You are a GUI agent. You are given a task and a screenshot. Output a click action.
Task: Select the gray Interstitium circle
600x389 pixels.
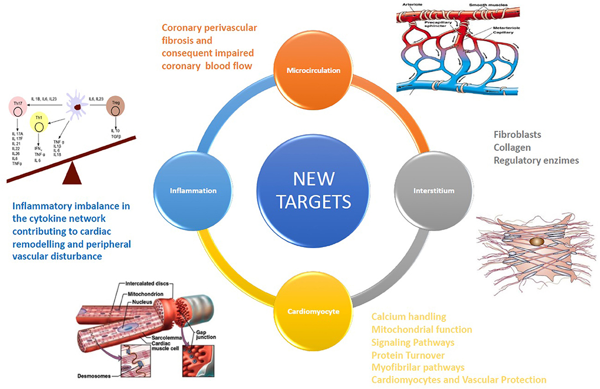click(x=433, y=191)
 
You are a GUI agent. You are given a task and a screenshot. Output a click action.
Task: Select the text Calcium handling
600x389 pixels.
click(x=408, y=317)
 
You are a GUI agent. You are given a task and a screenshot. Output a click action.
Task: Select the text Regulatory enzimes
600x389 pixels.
click(x=536, y=160)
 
